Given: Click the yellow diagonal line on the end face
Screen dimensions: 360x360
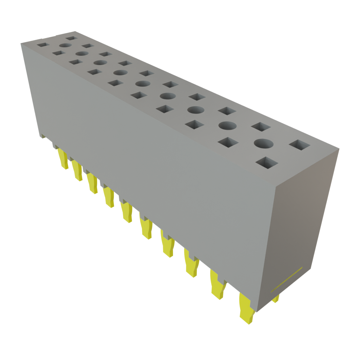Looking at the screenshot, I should pos(286,280).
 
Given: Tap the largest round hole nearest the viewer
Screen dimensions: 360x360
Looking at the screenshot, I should pos(264,143).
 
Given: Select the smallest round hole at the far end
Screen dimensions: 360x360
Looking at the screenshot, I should pos(65,45).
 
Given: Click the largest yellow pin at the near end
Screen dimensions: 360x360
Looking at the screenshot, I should pos(246,309).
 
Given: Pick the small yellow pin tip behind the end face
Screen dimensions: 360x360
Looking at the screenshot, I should pos(276,299).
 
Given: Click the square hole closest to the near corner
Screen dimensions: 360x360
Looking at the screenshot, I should pos(266,162).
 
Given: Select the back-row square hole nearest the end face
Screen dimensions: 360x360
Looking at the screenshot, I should pos(300,144).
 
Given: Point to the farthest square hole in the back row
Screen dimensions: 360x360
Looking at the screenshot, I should pos(71,38).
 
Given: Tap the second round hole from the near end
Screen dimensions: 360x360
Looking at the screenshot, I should pos(227,125).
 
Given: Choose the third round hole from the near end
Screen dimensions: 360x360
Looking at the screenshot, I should pos(196,109).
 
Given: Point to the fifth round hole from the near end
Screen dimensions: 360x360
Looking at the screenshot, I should pos(142,84).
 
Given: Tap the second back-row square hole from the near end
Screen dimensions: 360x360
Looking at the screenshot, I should pos(261,127).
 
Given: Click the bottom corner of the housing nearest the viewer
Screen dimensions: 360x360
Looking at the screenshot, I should pos(257,311).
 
